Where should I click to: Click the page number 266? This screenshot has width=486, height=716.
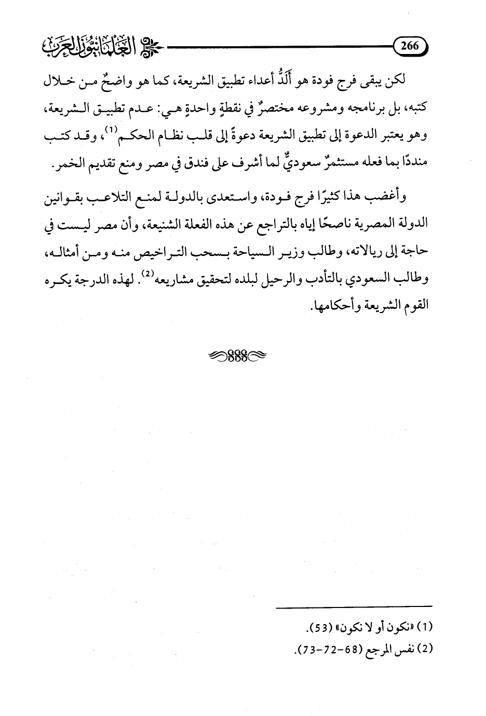coord(410,46)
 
